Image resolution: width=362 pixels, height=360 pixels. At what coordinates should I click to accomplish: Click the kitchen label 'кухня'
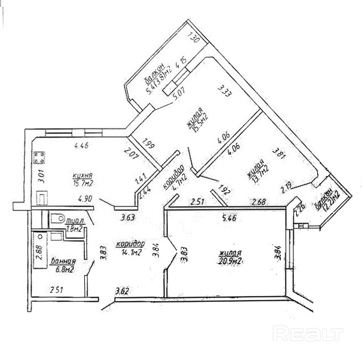point(82,176)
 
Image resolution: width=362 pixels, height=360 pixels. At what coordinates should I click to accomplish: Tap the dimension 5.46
point(230,217)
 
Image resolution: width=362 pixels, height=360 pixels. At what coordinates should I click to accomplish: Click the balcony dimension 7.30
point(192,39)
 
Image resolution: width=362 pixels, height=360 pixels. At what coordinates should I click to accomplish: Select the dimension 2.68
point(259,201)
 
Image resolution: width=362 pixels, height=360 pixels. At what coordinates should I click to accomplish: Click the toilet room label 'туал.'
point(74,220)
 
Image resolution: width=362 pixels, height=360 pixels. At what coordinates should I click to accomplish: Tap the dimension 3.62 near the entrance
point(122,291)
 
